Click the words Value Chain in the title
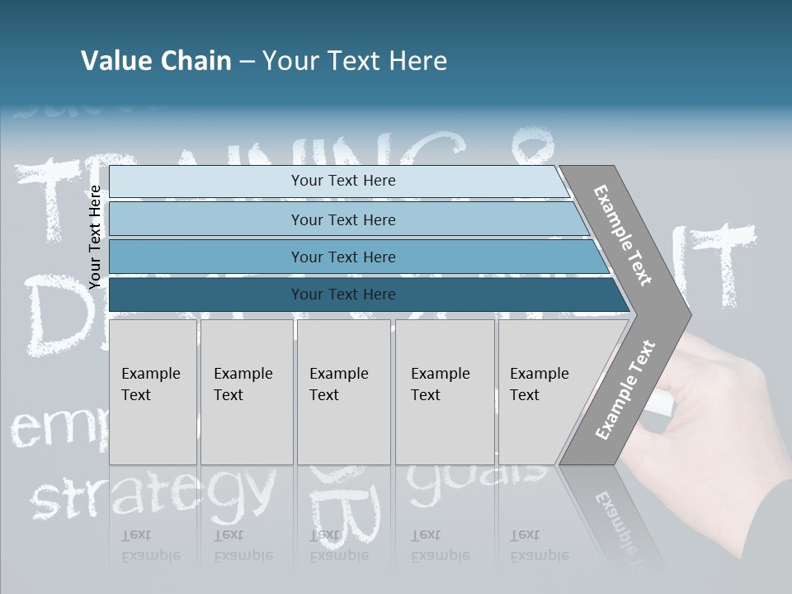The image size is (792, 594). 156,61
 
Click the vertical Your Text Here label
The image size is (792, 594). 95,237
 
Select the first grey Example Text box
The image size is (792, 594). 153,392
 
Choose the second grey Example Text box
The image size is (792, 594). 247,392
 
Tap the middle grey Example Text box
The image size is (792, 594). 343,392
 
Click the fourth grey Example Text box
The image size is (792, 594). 445,392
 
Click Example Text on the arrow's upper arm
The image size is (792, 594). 623,235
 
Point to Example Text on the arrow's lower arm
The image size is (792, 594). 625,390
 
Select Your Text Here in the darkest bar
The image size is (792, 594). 343,295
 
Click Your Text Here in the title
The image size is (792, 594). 355,61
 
